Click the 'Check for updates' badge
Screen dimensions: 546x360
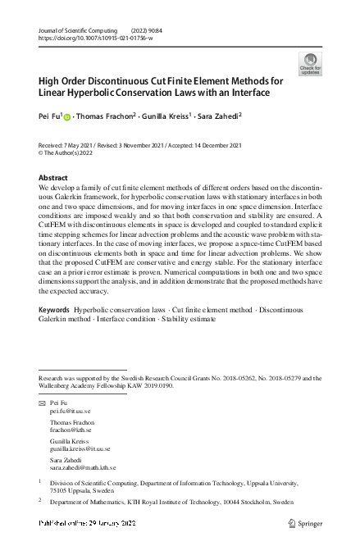click(x=310, y=64)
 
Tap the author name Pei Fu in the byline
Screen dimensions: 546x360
click(x=48, y=117)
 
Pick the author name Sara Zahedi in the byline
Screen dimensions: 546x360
click(x=220, y=117)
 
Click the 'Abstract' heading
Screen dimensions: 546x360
click(x=54, y=178)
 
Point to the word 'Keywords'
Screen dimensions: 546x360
click(x=54, y=334)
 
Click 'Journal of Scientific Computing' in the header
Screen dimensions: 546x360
click(x=76, y=29)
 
